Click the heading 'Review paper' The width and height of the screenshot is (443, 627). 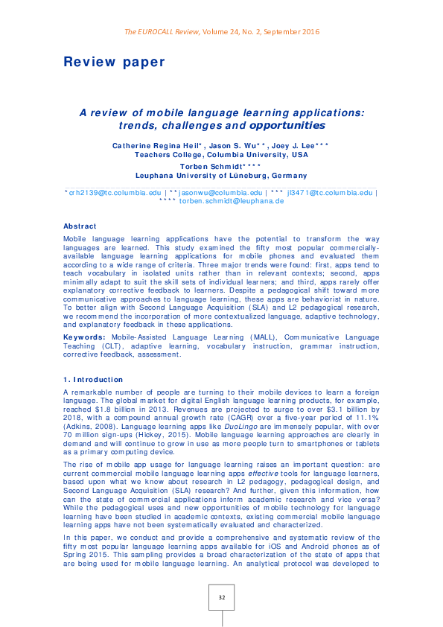[114, 62]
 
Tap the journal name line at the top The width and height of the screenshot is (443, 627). [221, 31]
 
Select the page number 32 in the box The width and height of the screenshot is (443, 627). [221, 598]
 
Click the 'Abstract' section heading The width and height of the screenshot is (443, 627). [80, 226]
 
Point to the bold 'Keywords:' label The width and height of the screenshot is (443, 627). [83, 337]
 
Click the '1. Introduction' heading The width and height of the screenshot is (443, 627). [95, 381]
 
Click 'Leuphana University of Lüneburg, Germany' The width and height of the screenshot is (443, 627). [221, 176]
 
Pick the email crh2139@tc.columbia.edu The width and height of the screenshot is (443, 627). [114, 192]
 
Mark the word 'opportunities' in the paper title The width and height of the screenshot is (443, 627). [287, 126]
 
